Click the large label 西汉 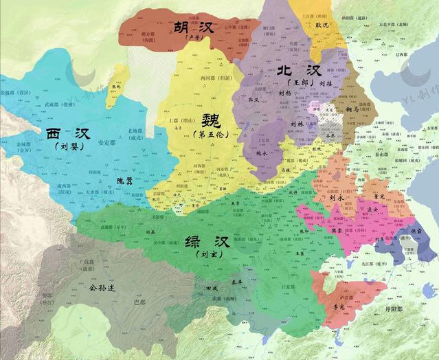click(67, 133)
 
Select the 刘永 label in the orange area click(337, 197)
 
